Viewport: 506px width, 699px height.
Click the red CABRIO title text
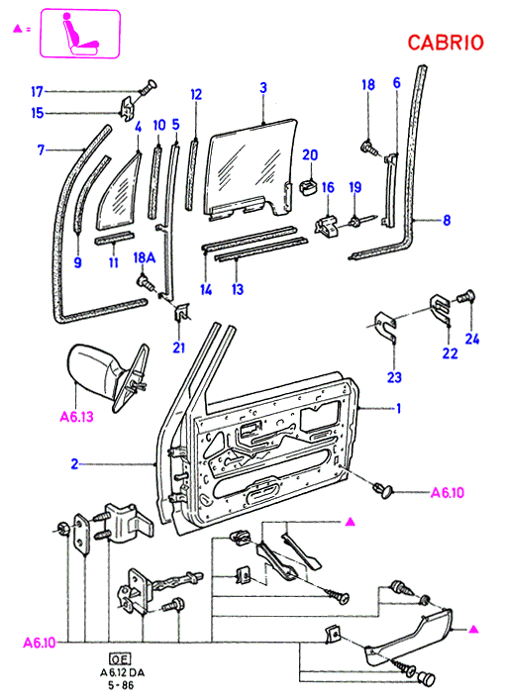[446, 43]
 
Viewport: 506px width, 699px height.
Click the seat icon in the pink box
[79, 35]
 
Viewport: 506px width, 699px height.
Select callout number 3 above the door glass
[263, 87]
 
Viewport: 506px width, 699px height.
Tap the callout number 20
[310, 154]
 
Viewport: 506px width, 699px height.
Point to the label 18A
[145, 257]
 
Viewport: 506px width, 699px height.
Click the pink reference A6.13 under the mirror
[76, 417]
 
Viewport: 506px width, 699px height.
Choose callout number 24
[472, 339]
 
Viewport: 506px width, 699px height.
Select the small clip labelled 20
[308, 187]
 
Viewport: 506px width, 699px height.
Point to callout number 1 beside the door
[398, 408]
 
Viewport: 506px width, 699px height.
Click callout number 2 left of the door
[74, 464]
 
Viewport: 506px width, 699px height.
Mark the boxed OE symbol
[120, 659]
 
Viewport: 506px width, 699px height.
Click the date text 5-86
[121, 684]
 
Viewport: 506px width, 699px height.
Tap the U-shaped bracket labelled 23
[385, 327]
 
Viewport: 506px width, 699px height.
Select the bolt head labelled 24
[466, 296]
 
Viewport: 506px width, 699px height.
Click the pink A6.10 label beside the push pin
[448, 493]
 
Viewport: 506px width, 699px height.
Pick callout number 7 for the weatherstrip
[41, 150]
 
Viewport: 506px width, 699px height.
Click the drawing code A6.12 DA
[122, 672]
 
